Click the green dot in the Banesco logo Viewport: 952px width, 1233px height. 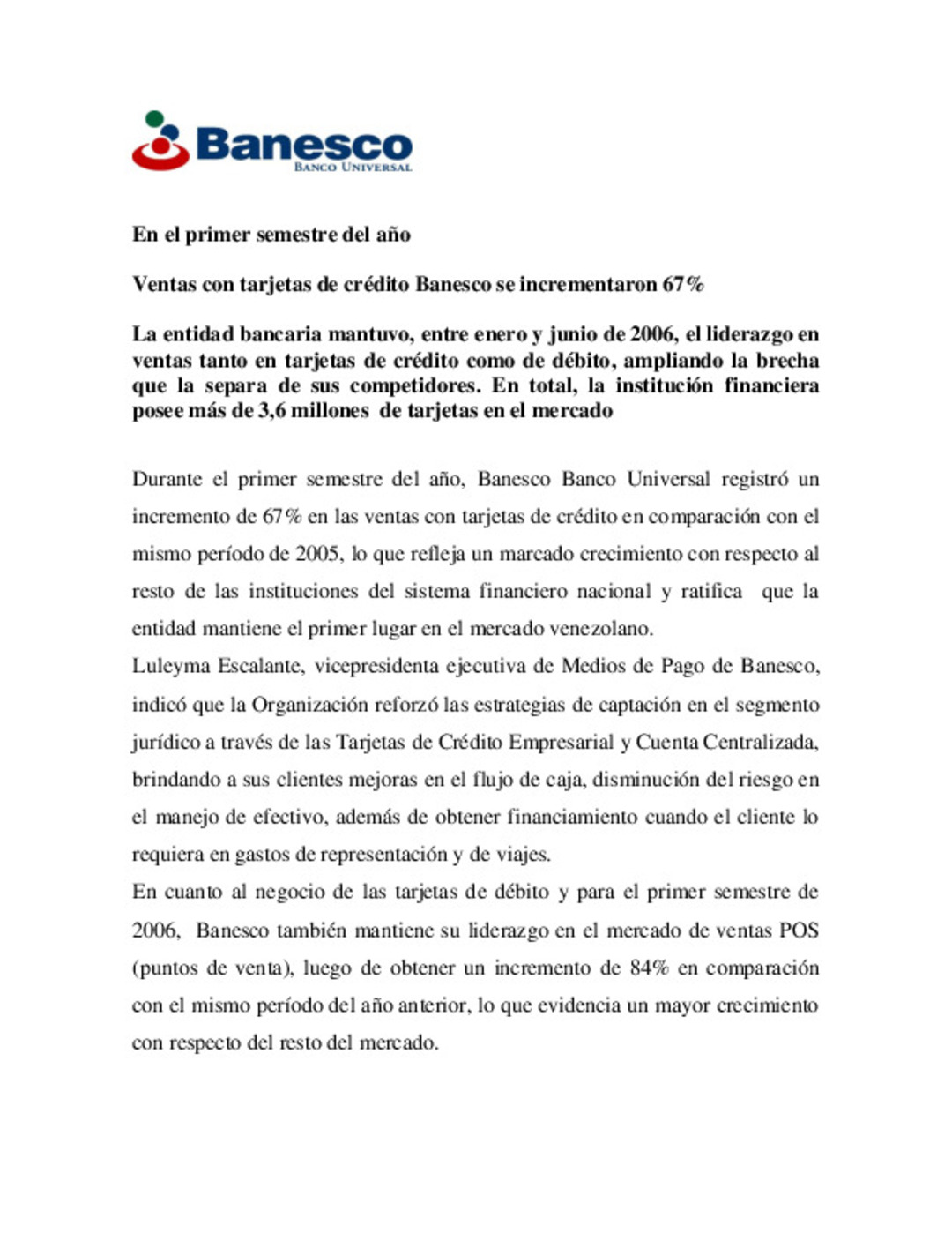tap(154, 118)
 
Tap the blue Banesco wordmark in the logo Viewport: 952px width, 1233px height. tap(304, 143)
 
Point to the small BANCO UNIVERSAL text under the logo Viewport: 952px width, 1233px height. tap(353, 167)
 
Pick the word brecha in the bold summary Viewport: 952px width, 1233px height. tap(786, 361)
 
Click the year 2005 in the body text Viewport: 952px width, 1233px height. tap(316, 554)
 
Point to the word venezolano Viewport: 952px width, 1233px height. tap(599, 629)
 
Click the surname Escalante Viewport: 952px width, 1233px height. tap(261, 666)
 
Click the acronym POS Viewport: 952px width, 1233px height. tap(799, 930)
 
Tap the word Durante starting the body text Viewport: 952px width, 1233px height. tap(167, 479)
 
